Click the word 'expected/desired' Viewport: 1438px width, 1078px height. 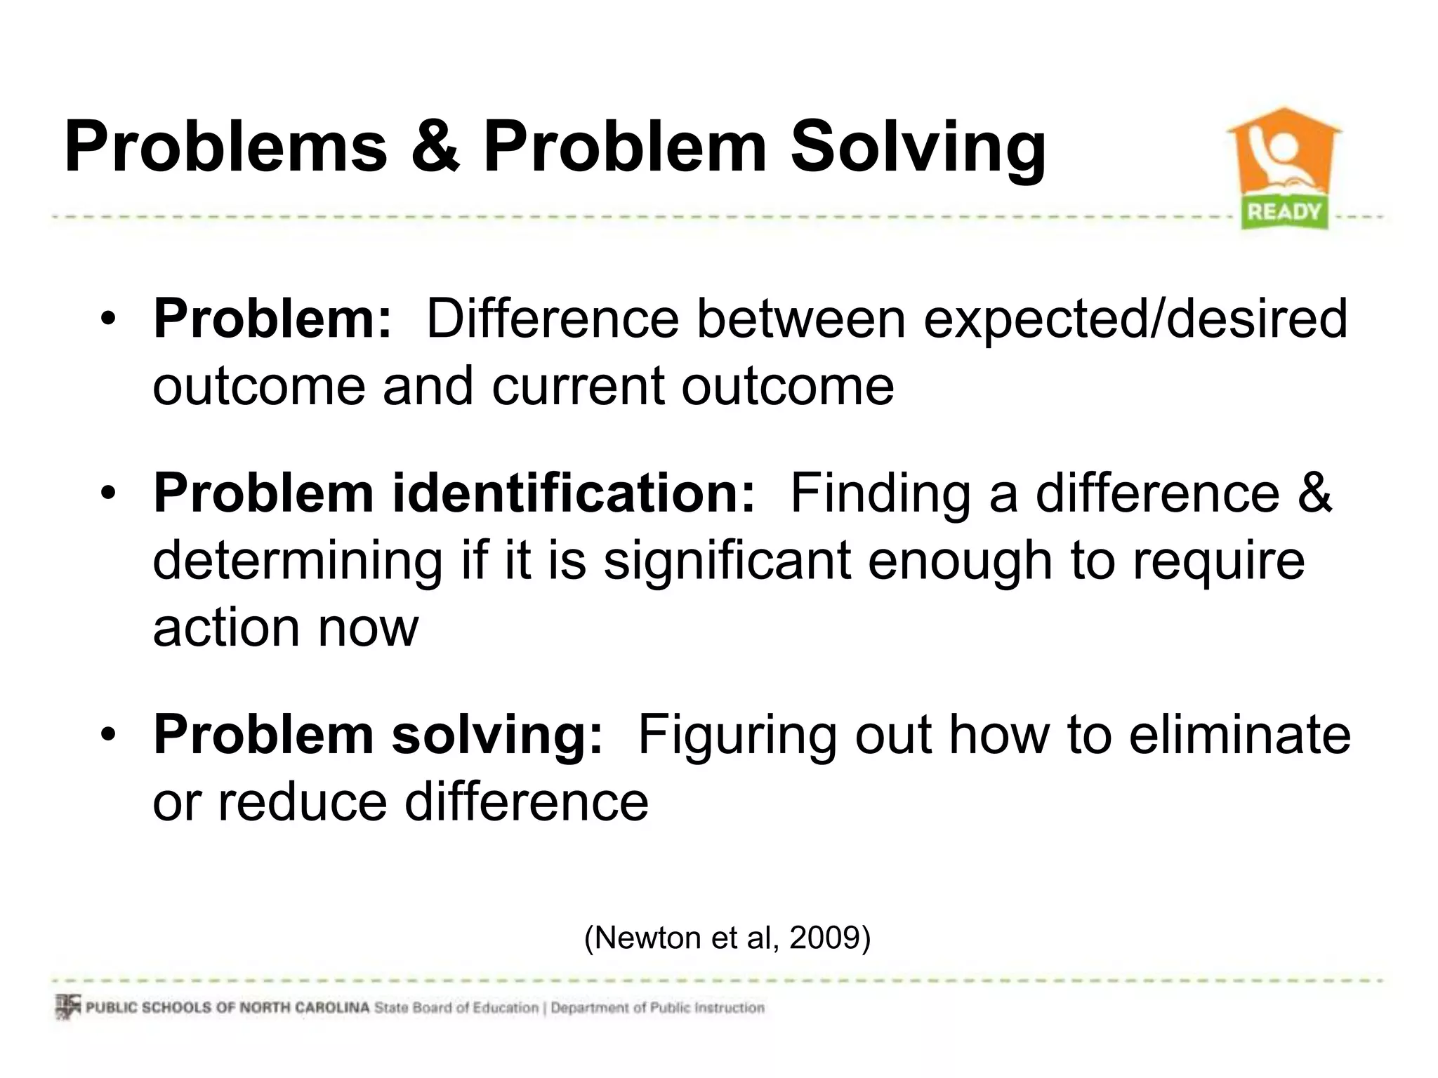[1135, 319]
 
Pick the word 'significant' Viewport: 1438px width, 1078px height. [727, 561]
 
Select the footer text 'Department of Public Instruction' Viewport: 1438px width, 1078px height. [657, 1008]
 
